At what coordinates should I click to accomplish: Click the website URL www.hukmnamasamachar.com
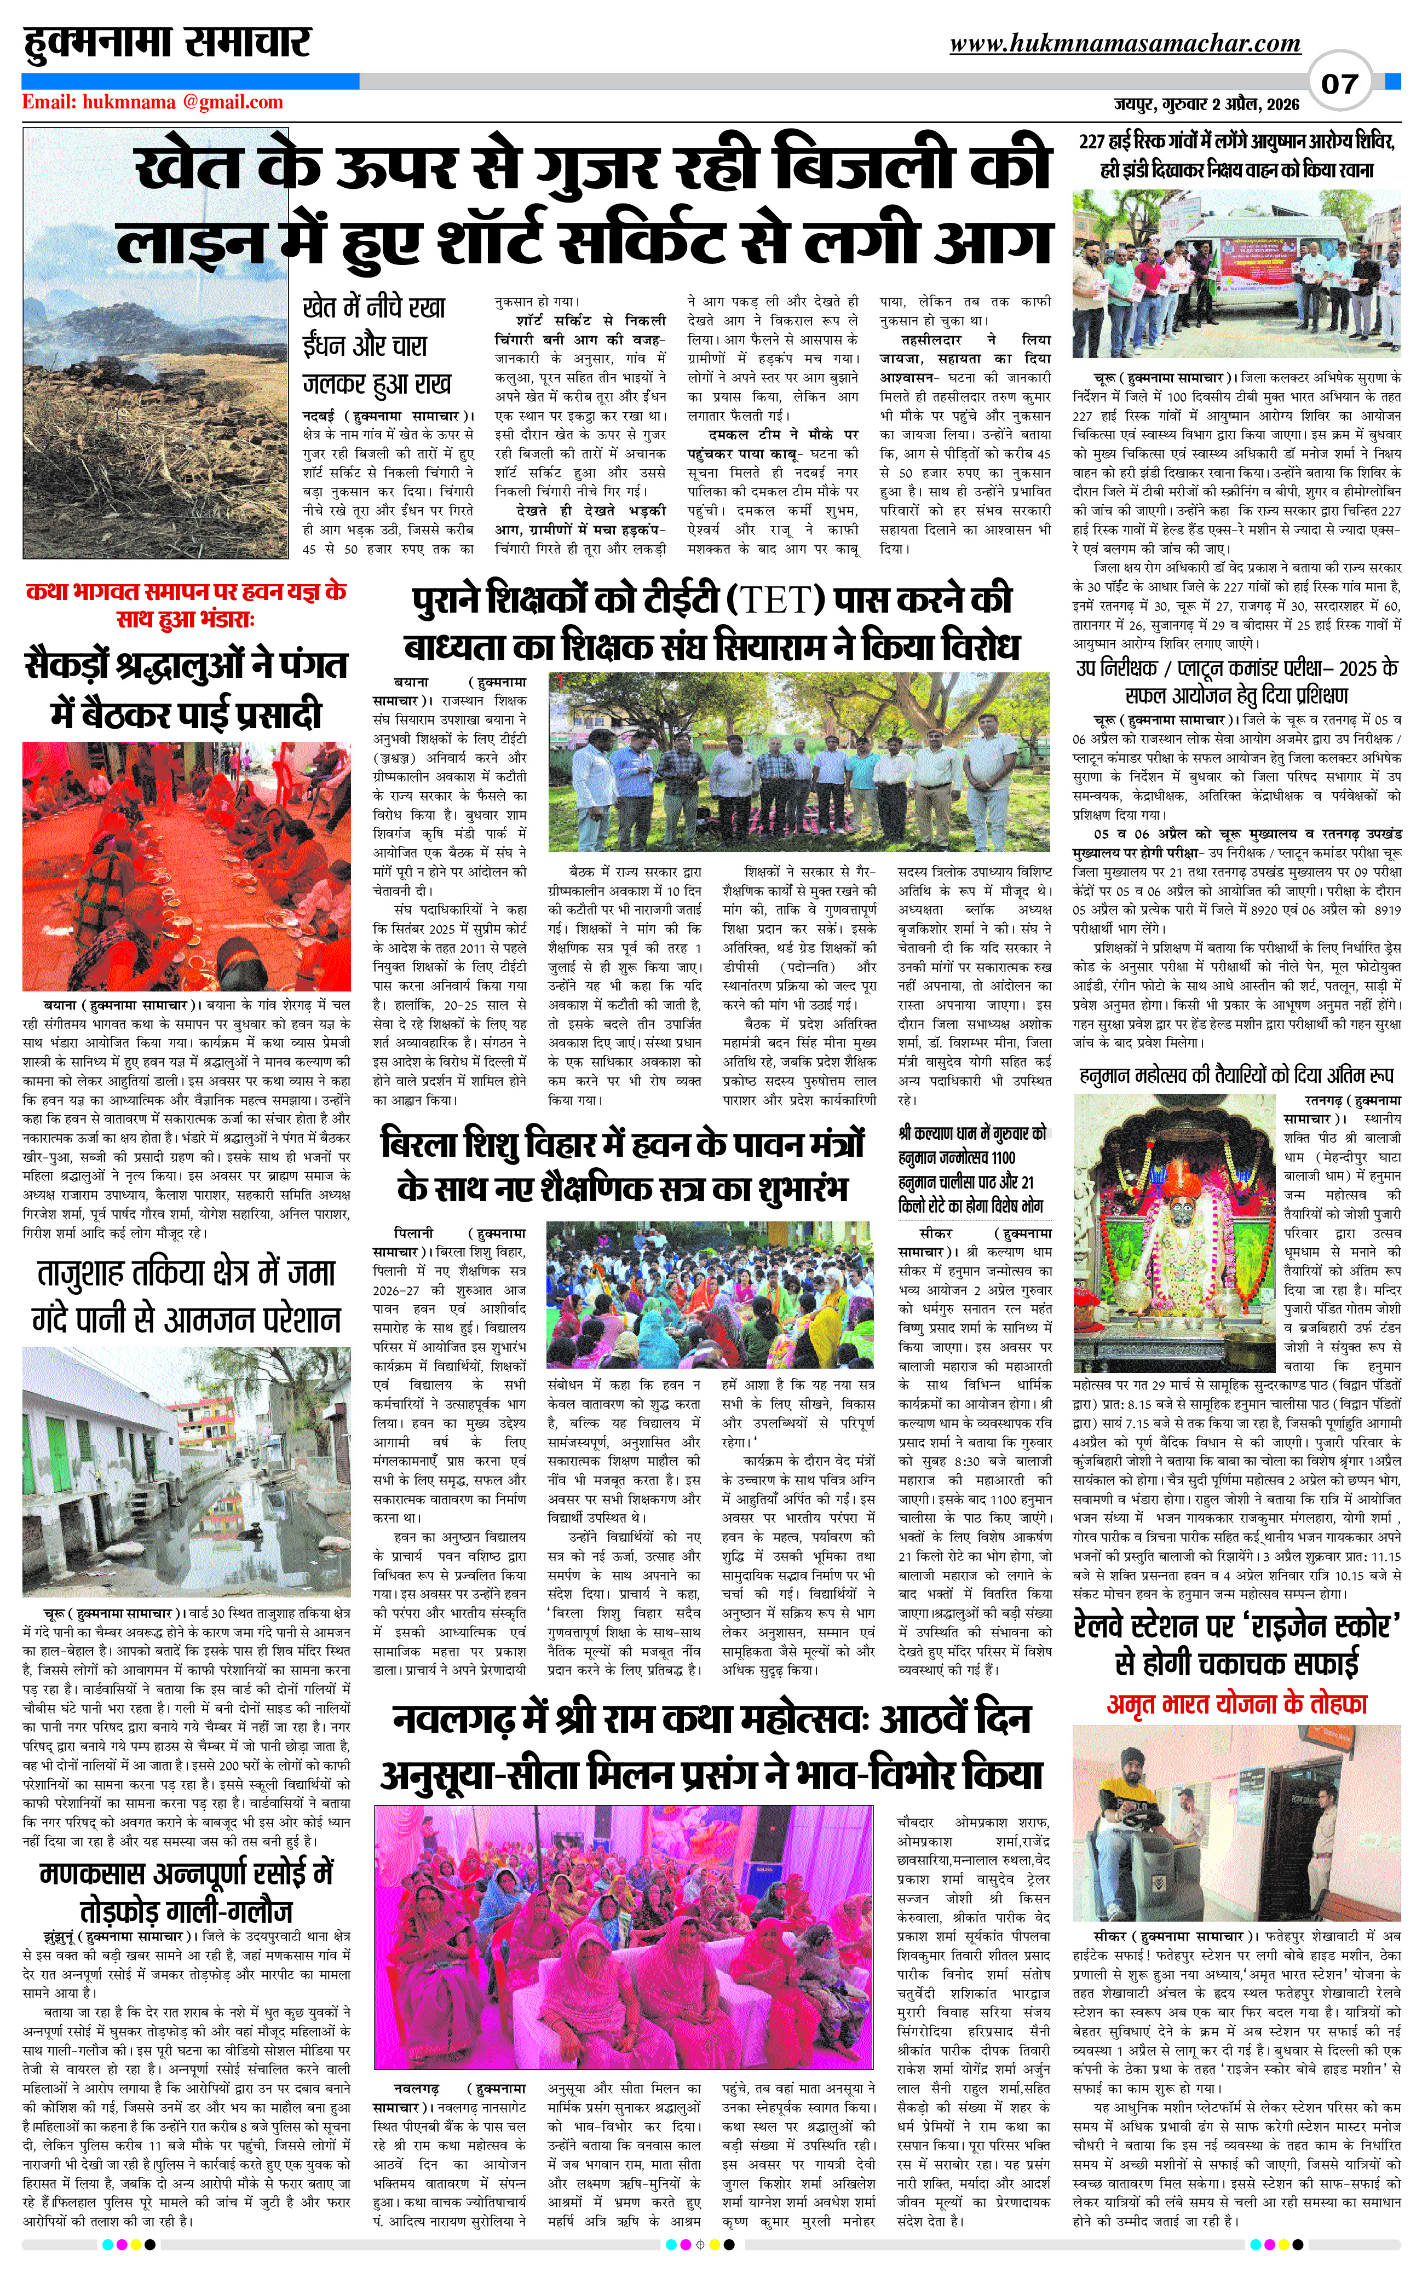1125,43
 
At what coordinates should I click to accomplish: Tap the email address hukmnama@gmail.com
152,102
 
